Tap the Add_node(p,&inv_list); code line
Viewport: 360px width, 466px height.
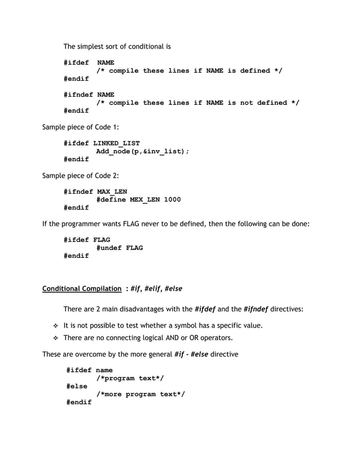click(x=143, y=151)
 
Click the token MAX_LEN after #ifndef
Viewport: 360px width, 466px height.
click(x=112, y=192)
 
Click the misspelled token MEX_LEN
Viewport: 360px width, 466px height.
click(x=144, y=200)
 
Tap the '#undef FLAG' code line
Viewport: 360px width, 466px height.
click(x=120, y=248)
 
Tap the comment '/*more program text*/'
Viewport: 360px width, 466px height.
click(x=141, y=394)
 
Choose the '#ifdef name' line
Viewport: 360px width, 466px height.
click(x=90, y=370)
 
